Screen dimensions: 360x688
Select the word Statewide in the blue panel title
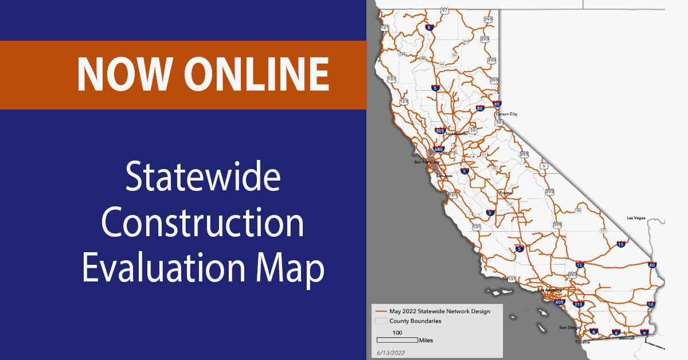click(x=203, y=179)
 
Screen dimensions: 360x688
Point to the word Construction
click(x=203, y=224)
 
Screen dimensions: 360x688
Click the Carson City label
click(x=506, y=114)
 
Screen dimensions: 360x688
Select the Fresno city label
click(x=505, y=193)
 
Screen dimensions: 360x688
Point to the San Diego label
click(x=568, y=328)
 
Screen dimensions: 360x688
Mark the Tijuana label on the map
click(x=583, y=342)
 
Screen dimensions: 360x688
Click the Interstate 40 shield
click(x=651, y=265)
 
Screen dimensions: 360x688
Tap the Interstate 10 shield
click(x=650, y=304)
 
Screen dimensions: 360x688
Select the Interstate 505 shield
click(x=440, y=131)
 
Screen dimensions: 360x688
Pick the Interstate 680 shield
click(x=439, y=149)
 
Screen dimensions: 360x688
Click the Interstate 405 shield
click(x=560, y=302)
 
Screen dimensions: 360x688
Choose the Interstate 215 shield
click(x=578, y=304)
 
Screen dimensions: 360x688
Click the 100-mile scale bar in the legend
click(x=397, y=339)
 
